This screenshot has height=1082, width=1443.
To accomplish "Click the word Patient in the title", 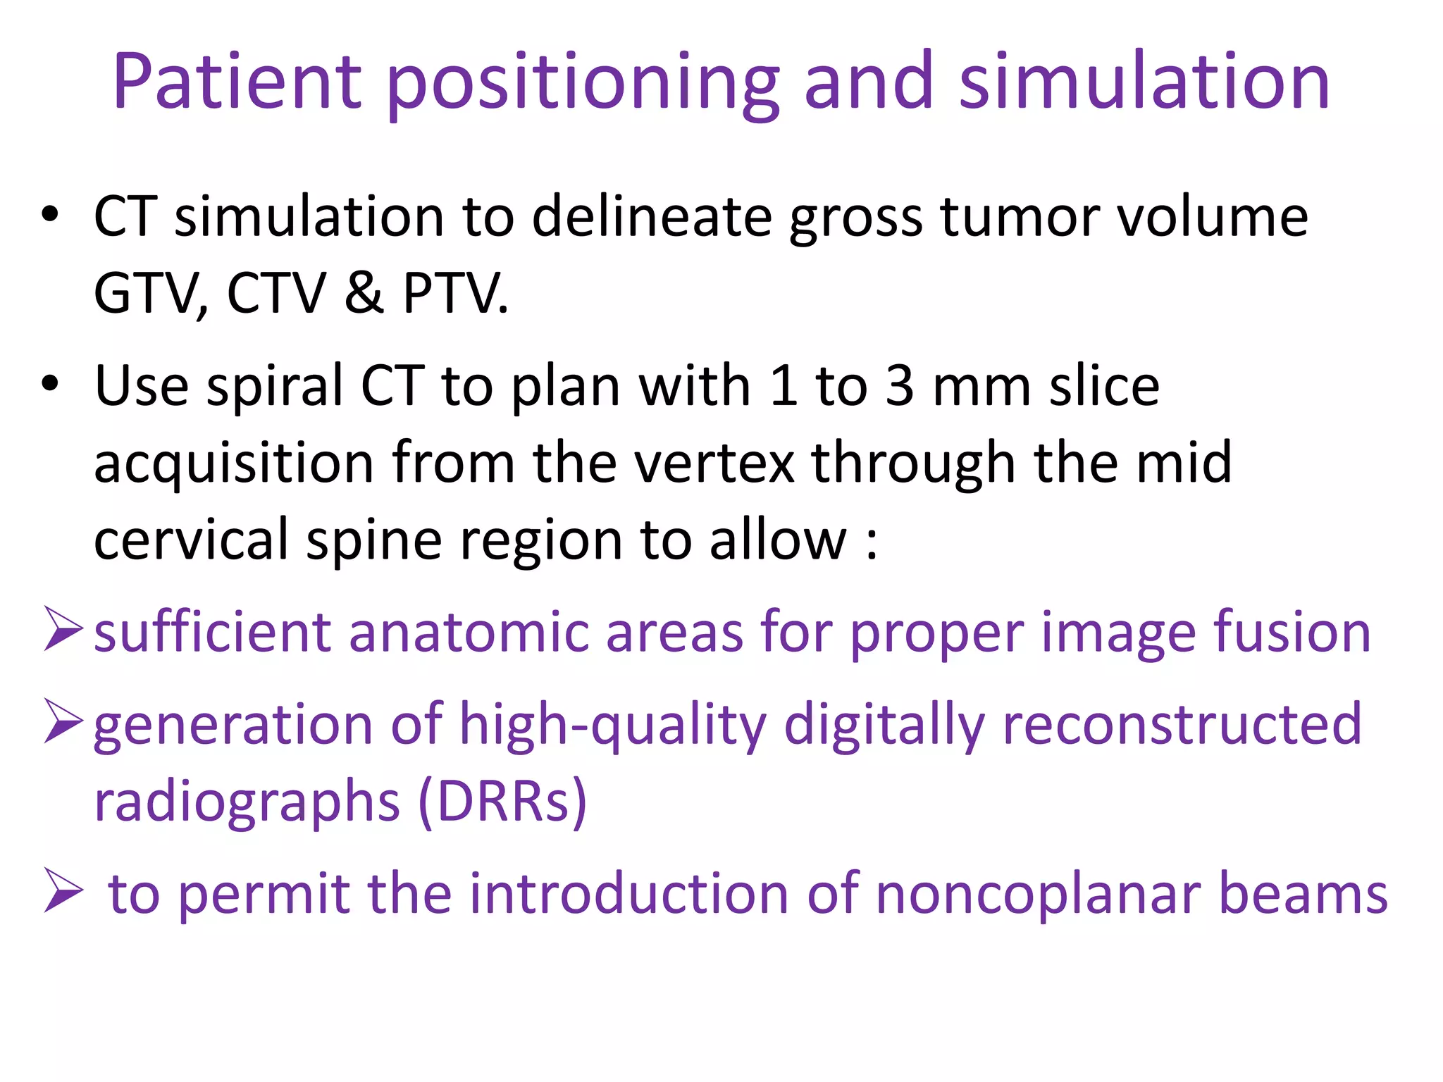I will coord(237,82).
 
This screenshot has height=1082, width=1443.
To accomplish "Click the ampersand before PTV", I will coord(364,292).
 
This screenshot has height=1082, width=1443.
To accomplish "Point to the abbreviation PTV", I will coord(454,294).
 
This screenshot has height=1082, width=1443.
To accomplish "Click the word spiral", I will coord(274,388).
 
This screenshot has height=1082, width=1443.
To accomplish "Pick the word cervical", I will coord(191,540).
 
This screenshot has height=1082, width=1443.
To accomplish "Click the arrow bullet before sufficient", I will coord(63,628).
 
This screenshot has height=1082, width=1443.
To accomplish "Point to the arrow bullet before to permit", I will coord(63,890).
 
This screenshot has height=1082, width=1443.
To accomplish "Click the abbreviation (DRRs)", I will coord(502,802).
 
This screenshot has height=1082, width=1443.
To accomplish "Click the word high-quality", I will coord(612,726).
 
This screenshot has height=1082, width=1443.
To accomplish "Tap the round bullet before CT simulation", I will coord(49,214).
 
